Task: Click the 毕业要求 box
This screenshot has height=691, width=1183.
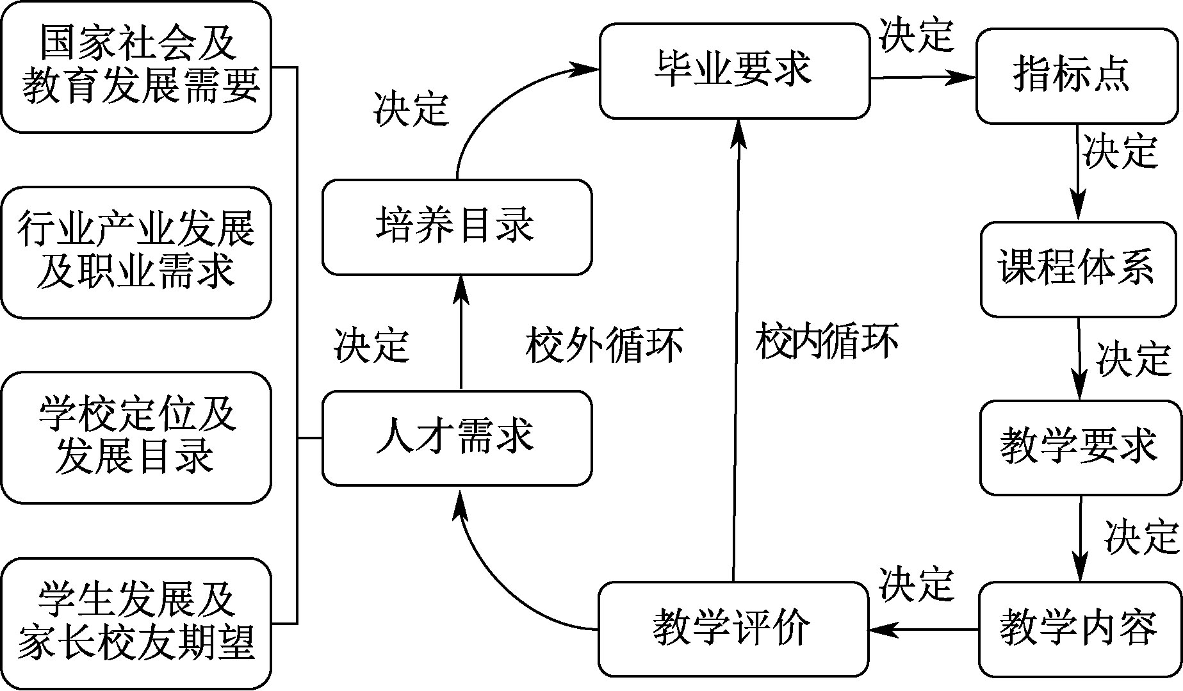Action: [734, 71]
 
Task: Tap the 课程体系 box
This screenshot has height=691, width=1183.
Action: [1079, 269]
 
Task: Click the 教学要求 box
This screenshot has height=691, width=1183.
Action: [1080, 447]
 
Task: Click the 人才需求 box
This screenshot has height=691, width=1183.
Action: [457, 438]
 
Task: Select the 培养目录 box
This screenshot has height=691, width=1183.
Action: [457, 227]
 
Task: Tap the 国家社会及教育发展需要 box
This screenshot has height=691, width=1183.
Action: [136, 67]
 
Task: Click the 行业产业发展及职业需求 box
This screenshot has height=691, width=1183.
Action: [136, 252]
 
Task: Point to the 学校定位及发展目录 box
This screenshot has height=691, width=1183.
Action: [136, 438]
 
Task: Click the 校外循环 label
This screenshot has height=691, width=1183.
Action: [604, 346]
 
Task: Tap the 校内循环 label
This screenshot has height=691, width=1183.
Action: [827, 341]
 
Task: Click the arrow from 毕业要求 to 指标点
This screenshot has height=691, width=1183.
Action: [922, 77]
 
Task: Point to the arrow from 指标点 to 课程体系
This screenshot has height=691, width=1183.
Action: [1079, 173]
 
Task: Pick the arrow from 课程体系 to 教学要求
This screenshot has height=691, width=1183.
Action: [1080, 359]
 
